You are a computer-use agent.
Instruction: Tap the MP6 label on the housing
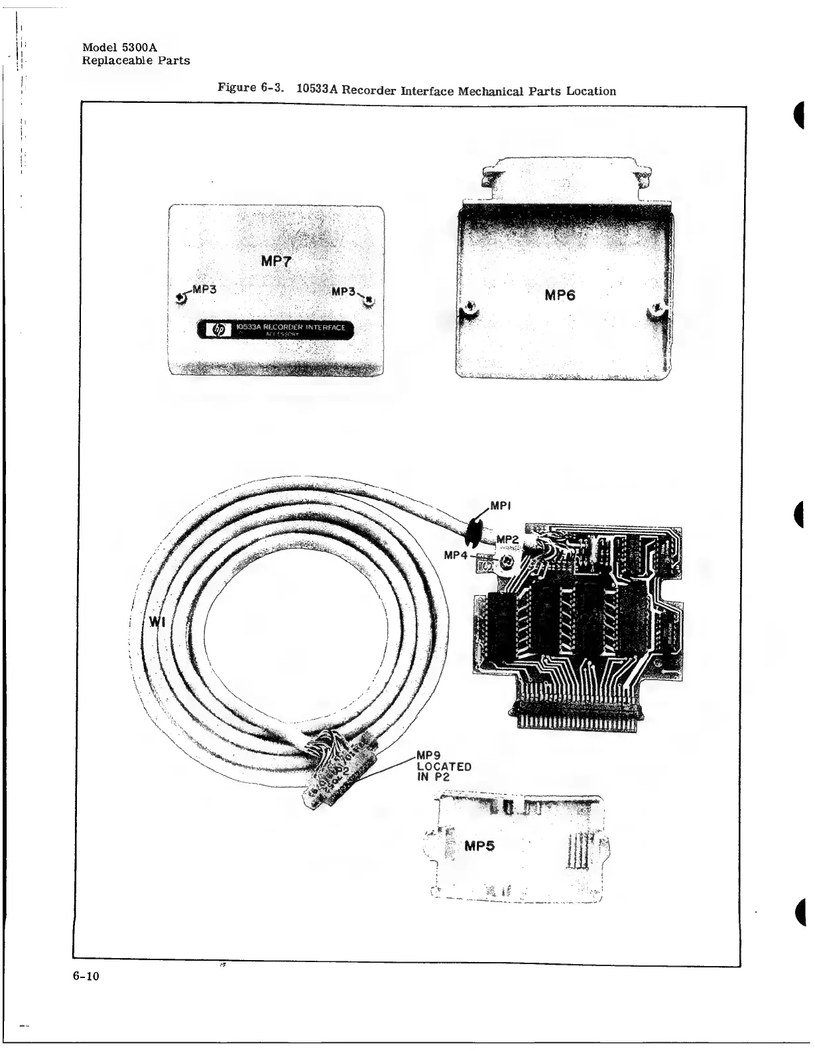(560, 295)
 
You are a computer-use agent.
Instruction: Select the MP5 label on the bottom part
(479, 847)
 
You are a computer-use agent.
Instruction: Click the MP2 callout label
(507, 540)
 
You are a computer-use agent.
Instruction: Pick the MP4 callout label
(458, 555)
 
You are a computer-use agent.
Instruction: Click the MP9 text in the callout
(424, 754)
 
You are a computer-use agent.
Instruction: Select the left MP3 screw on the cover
(181, 299)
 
